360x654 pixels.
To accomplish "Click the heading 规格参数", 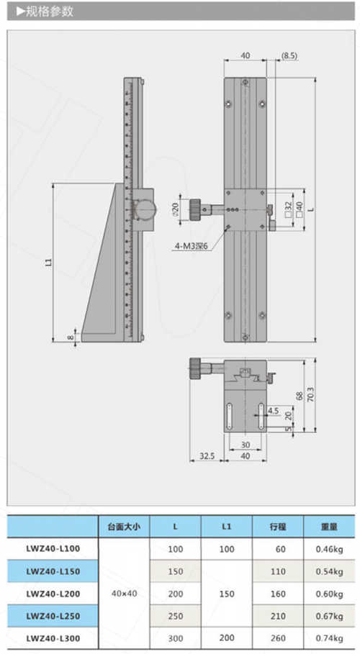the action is click(49, 12).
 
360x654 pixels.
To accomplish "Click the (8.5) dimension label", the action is click(289, 56).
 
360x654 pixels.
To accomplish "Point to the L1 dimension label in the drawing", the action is click(48, 262).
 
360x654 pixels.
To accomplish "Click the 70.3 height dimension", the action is click(310, 394).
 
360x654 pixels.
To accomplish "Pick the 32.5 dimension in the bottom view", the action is click(207, 456).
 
